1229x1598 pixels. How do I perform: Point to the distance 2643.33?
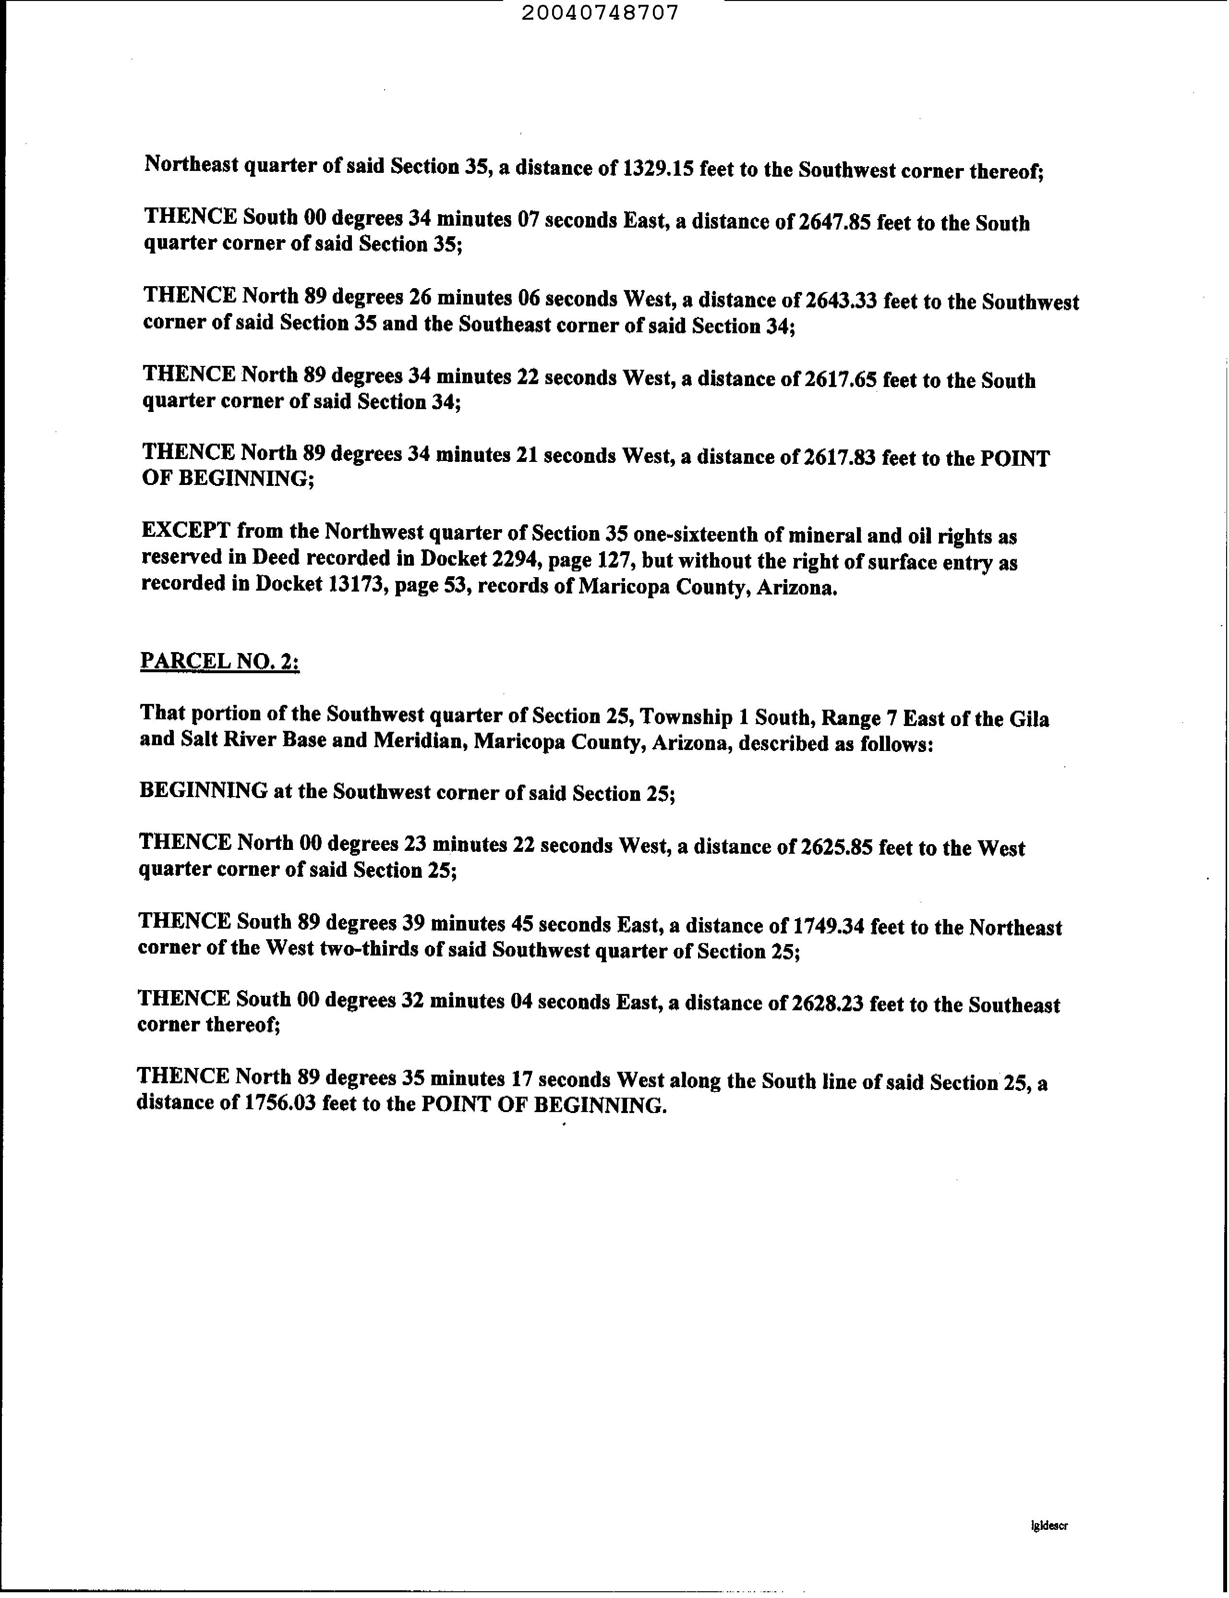tap(841, 301)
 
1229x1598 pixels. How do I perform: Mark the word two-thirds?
tap(374, 949)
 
